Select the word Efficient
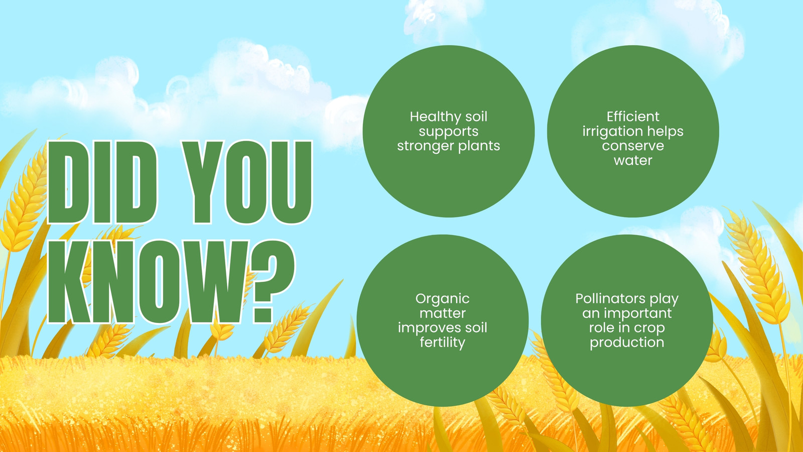[x=633, y=117]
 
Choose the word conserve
[x=633, y=146]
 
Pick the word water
[x=633, y=160]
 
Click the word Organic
[x=442, y=299]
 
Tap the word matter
[x=442, y=313]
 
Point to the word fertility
[x=442, y=342]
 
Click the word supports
[x=449, y=132]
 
